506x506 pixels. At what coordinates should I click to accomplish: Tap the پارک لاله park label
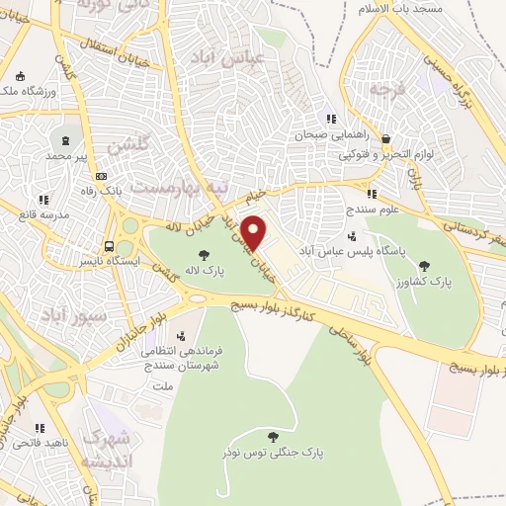[204, 270]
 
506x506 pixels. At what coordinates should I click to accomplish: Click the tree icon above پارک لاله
[204, 256]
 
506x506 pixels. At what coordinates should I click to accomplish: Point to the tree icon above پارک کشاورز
[425, 265]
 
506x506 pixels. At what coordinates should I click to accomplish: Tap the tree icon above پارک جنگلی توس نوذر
[273, 437]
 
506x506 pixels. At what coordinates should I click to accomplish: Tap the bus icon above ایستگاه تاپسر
[109, 247]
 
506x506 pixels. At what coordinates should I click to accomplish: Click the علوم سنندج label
[372, 210]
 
